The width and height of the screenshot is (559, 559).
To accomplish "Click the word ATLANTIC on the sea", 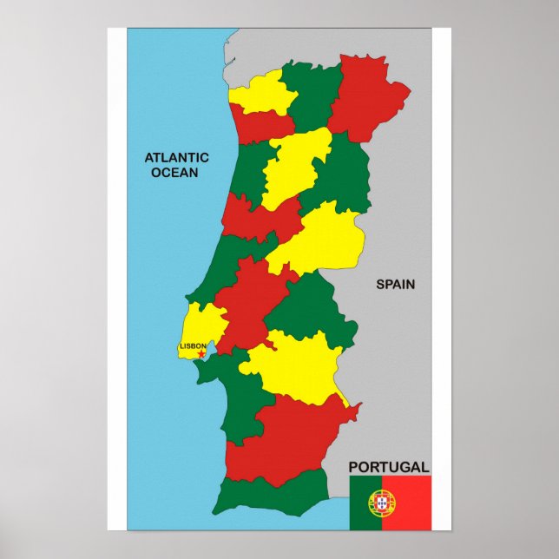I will point(176,157).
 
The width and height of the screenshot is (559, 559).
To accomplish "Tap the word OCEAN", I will point(174,172).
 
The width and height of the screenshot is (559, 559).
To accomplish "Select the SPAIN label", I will point(395,284).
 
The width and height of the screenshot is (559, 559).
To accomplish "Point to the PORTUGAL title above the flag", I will point(389,467).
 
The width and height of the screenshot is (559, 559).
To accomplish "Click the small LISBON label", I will point(193,346).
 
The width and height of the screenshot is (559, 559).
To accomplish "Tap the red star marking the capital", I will point(201,354).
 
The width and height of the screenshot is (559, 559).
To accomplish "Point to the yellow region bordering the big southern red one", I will point(295,365).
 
